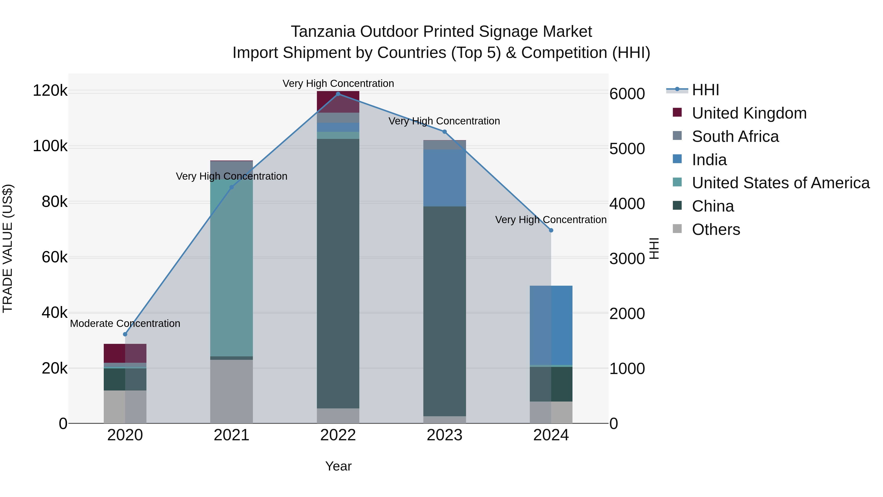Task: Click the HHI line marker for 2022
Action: click(x=338, y=94)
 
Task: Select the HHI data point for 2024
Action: click(x=551, y=230)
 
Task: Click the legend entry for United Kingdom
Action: click(x=749, y=113)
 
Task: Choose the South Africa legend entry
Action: click(x=735, y=136)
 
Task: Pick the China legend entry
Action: click(x=713, y=206)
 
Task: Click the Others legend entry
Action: click(x=716, y=229)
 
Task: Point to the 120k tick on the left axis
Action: click(x=50, y=91)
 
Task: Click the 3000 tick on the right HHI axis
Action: click(x=627, y=259)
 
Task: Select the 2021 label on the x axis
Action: click(x=231, y=435)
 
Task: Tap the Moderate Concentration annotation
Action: click(x=125, y=323)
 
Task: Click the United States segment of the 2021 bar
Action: click(x=231, y=268)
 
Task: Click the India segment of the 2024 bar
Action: click(x=551, y=325)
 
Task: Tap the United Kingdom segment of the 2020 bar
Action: click(x=125, y=353)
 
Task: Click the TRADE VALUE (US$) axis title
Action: click(x=8, y=248)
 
